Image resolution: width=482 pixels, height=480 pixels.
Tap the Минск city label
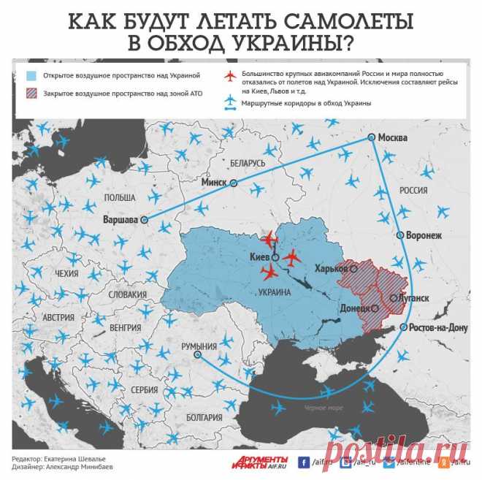click(216, 183)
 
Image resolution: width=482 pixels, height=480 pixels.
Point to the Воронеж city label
click(424, 235)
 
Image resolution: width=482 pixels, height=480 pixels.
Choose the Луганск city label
click(413, 298)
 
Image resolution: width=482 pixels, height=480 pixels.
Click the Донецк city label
click(354, 308)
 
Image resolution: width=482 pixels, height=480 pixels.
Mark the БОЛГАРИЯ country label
click(203, 417)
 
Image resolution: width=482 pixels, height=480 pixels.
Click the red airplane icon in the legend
click(231, 76)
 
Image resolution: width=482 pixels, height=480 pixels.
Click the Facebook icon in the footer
click(302, 462)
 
